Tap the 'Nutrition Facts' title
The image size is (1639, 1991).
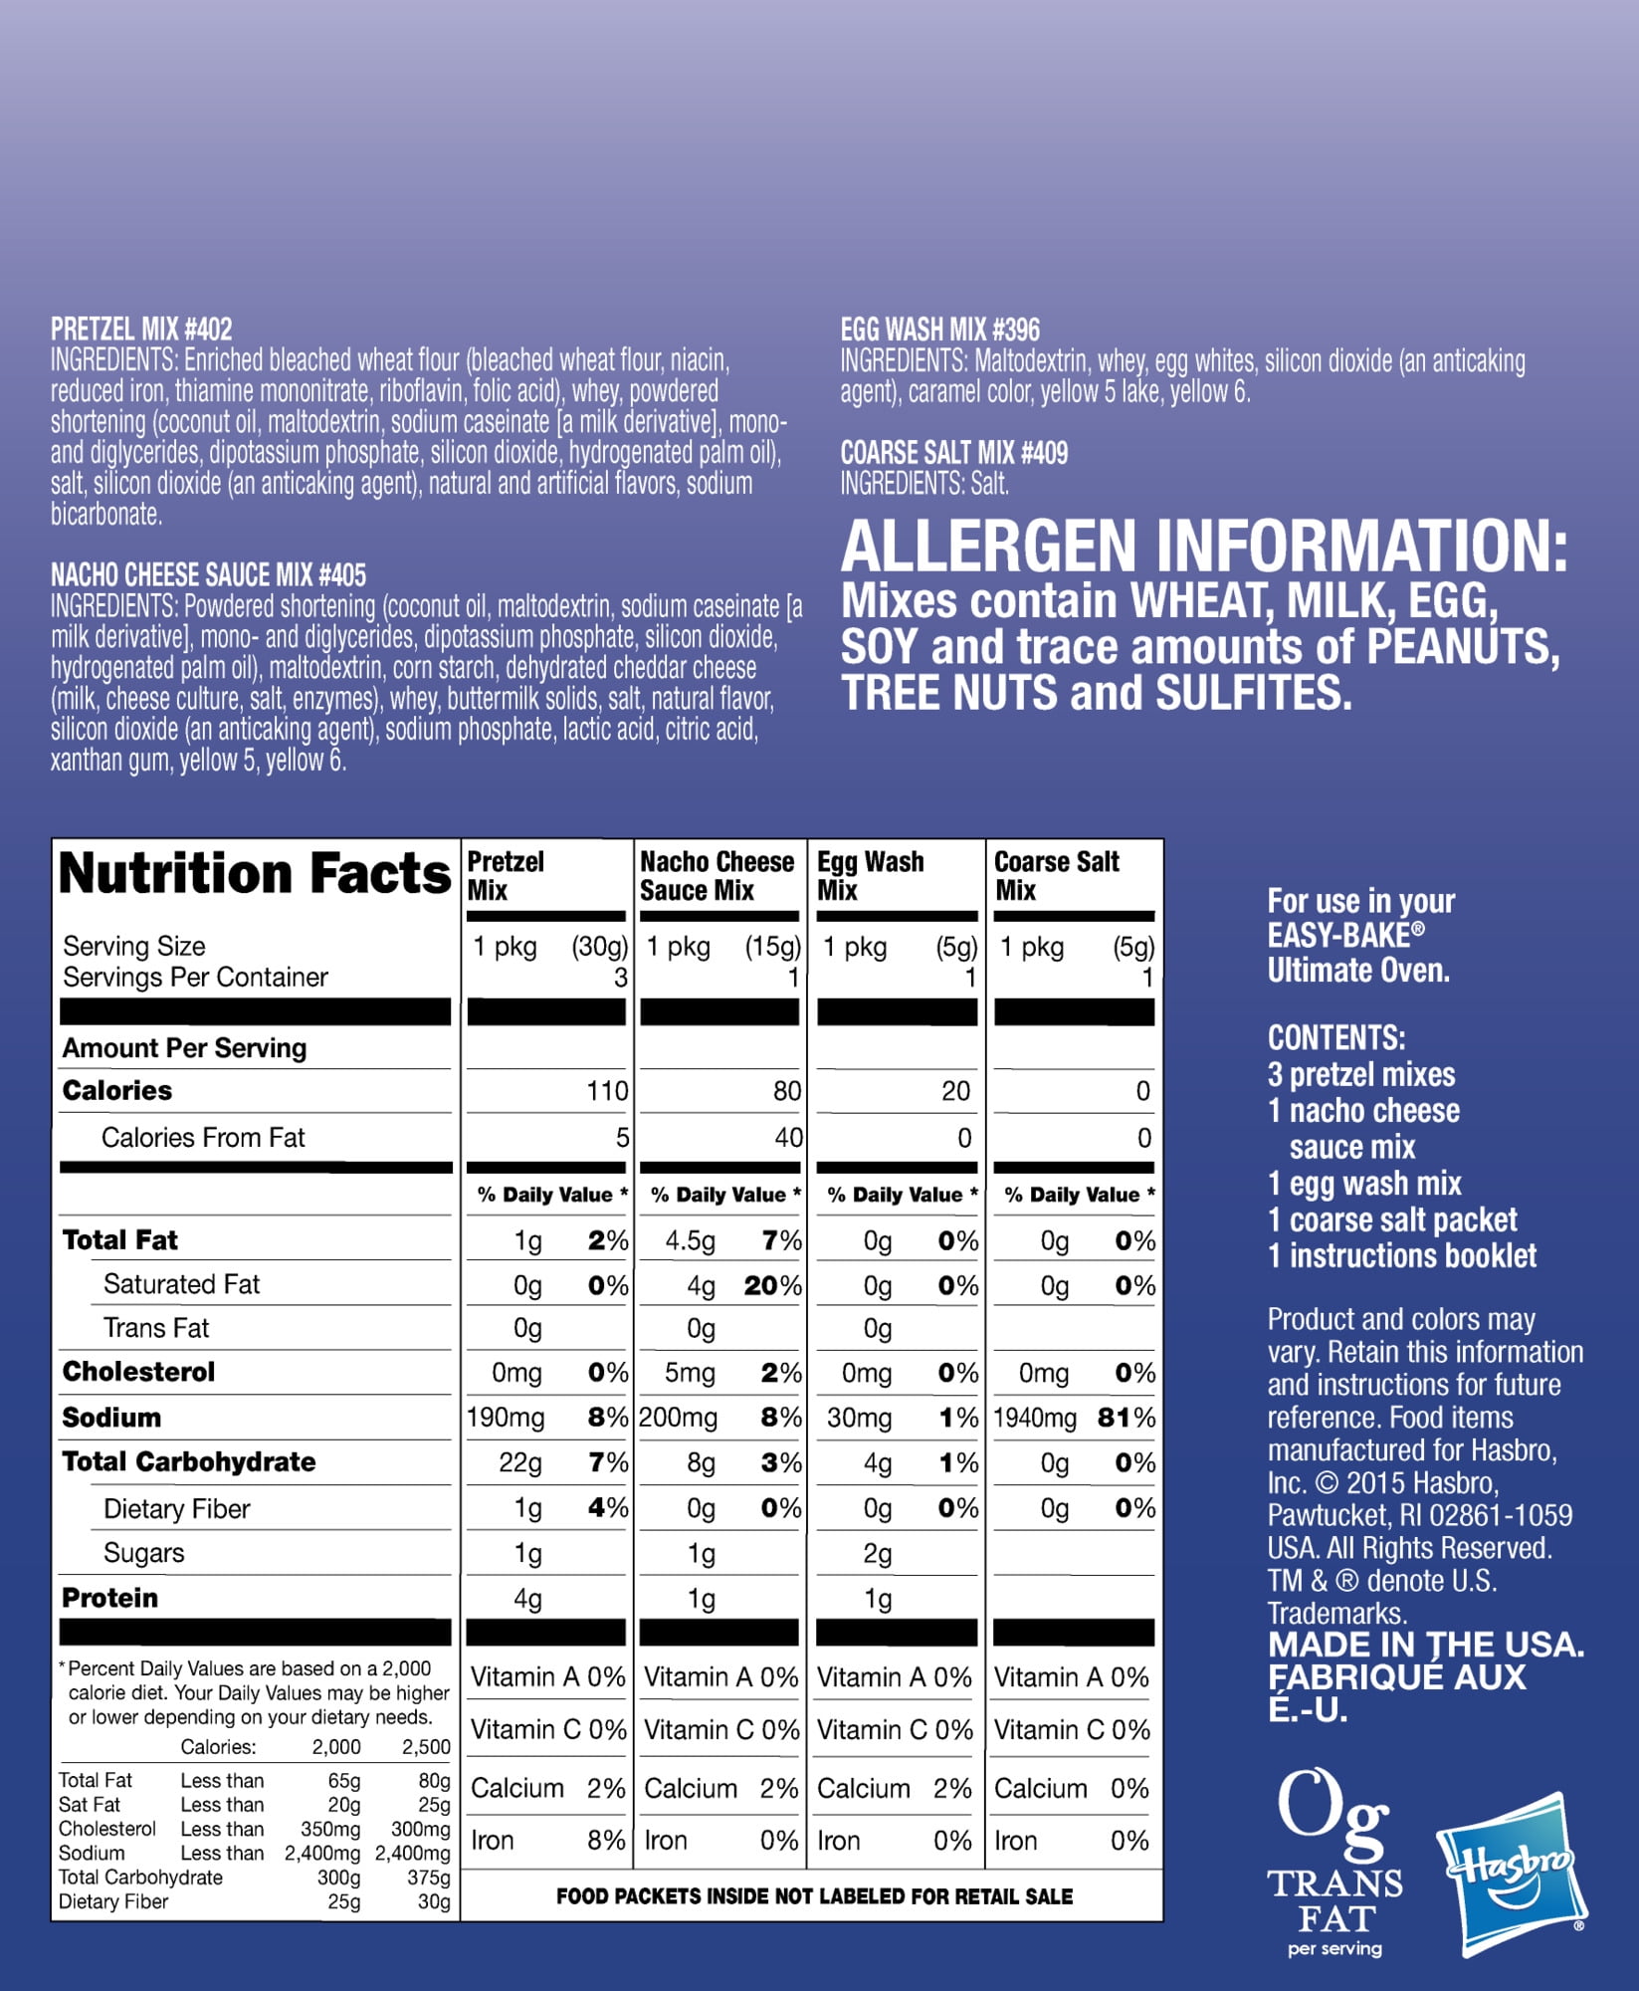coord(255,874)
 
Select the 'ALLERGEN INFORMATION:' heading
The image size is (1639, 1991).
coord(1204,547)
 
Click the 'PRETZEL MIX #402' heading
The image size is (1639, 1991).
coord(141,330)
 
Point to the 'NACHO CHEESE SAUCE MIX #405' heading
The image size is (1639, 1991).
coord(208,574)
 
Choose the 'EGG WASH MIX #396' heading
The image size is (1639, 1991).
coord(939,330)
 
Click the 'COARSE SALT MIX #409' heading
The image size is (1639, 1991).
coord(953,453)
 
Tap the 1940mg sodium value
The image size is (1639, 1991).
coord(1035,1418)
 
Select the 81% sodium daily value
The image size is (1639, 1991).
coord(1127,1418)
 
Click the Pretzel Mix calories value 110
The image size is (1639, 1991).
coord(607,1091)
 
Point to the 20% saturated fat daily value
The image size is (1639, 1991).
coord(772,1285)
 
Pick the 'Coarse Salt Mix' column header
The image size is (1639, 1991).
coord(1056,875)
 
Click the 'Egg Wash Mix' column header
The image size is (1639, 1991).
coord(870,875)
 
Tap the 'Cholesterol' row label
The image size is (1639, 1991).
coord(138,1372)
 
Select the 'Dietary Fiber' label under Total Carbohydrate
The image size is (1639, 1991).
coord(176,1509)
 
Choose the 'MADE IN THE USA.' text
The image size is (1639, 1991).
coord(1425,1645)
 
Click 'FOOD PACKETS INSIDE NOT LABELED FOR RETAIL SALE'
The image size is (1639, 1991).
coord(814,1896)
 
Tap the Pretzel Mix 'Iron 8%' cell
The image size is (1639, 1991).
coord(547,1841)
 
